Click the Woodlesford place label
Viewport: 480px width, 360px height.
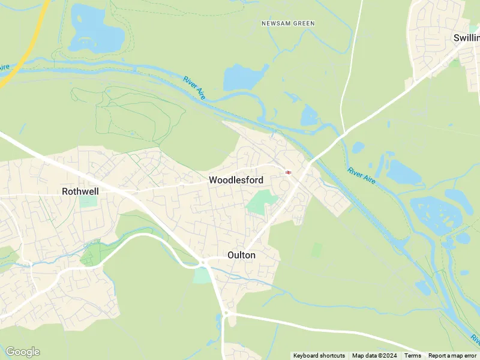click(236, 180)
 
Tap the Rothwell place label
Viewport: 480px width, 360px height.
click(80, 191)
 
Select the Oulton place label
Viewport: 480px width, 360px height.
click(241, 255)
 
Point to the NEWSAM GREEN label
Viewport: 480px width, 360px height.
click(288, 23)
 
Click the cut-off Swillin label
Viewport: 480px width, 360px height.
click(466, 38)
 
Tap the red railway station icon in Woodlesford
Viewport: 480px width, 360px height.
click(288, 172)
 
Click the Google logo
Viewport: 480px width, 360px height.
click(22, 352)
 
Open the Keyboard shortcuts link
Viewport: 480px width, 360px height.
click(319, 356)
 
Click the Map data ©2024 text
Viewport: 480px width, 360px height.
click(374, 356)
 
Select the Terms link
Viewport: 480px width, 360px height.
click(412, 356)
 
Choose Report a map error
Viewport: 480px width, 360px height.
click(452, 356)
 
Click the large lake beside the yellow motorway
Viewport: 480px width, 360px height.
click(96, 30)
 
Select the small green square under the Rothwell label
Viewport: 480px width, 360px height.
click(88, 201)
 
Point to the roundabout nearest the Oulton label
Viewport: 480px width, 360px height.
click(203, 262)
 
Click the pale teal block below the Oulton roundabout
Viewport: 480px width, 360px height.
click(203, 275)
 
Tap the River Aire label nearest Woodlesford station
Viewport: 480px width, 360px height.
click(360, 175)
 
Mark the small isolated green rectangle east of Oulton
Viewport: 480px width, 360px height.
click(316, 250)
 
